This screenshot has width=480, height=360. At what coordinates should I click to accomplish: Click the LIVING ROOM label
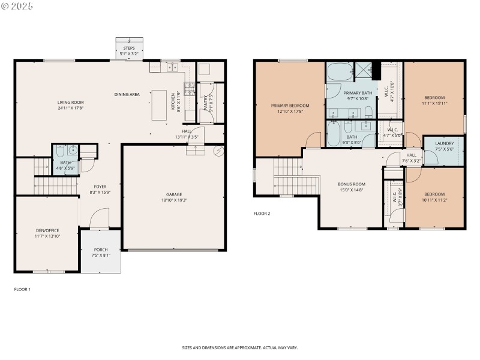point(70,103)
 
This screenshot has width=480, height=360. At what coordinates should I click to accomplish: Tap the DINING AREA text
point(127,94)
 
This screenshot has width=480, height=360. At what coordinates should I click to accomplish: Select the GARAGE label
point(174,194)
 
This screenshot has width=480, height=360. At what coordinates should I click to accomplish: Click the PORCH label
point(101,250)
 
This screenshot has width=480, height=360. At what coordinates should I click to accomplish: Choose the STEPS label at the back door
point(129,47)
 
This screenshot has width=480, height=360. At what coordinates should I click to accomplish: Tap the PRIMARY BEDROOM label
point(290,105)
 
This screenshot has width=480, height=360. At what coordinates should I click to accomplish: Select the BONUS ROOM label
point(352,184)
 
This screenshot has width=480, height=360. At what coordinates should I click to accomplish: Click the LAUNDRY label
point(444,143)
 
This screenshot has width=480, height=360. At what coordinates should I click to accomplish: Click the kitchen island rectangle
point(158,105)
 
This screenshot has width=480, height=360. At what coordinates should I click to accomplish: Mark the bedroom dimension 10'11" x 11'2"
point(434,200)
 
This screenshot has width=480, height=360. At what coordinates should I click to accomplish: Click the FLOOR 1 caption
point(22,289)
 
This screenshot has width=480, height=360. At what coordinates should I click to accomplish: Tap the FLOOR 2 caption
point(262,213)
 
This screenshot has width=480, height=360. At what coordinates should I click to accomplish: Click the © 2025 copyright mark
point(17,6)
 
